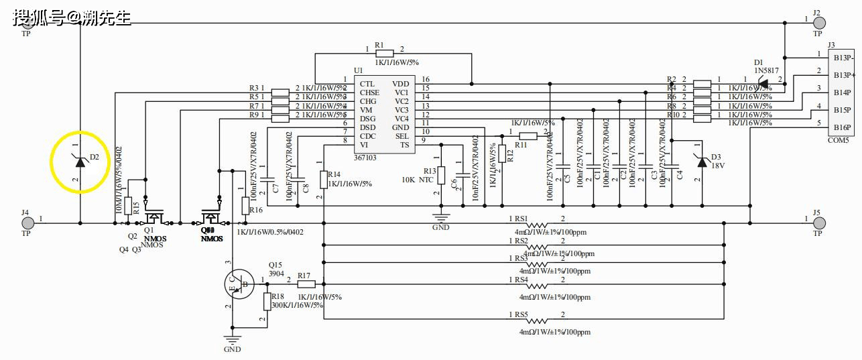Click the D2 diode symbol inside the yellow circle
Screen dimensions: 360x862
coord(80,161)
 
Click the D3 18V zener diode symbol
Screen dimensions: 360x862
coord(702,162)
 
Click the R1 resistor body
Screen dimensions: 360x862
coord(383,54)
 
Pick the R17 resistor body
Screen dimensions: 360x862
coord(306,284)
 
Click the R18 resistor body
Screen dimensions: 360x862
coord(267,301)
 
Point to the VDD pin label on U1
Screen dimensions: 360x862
coord(400,84)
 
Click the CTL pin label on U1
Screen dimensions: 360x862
coord(367,84)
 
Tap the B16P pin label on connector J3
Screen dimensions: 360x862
coord(842,127)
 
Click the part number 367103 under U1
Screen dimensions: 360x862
coord(366,157)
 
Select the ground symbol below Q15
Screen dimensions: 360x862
coord(232,340)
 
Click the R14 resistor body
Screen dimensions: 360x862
coord(324,179)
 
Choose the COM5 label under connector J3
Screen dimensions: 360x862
coord(838,141)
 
